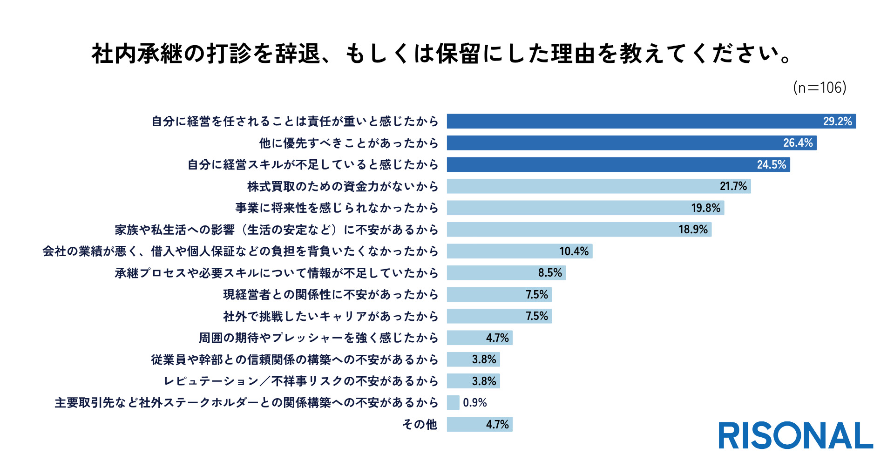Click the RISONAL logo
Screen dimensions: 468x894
coord(795,436)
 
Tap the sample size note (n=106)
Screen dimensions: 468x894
coord(819,88)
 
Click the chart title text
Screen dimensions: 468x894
coord(441,54)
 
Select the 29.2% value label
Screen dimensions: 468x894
coord(837,122)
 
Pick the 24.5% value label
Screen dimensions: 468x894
coord(771,165)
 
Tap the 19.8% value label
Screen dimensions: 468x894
coord(705,208)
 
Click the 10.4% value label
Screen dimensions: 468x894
coord(574,251)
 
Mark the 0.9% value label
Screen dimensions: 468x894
coord(474,403)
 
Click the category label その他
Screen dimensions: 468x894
coord(420,424)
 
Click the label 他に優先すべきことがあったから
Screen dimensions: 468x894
coord(349,143)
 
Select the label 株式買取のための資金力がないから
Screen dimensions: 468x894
coord(343,186)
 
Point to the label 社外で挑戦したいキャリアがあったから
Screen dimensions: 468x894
coord(331,316)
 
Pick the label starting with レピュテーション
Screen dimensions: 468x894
coord(301,381)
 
